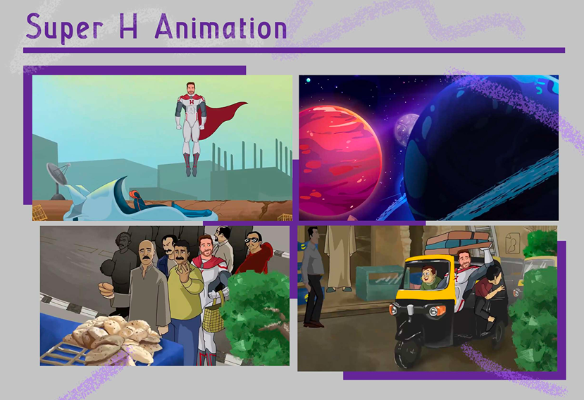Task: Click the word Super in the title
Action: tap(64, 28)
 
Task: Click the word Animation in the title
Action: tap(221, 27)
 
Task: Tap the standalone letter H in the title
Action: tap(128, 26)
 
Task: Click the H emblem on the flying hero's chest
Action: tap(192, 101)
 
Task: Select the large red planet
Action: tap(340, 161)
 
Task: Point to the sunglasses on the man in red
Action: tap(252, 240)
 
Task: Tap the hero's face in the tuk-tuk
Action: tap(464, 261)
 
